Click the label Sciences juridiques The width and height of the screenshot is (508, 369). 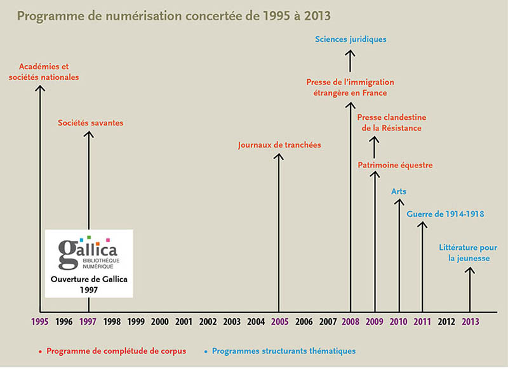click(351, 39)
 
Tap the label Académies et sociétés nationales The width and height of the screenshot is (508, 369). click(49, 72)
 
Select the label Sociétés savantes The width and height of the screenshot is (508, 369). click(90, 122)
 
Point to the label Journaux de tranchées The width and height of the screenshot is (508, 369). click(279, 145)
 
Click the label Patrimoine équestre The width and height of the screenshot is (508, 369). click(395, 165)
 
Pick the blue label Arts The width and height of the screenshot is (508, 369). click(399, 191)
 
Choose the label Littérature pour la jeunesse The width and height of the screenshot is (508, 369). click(469, 253)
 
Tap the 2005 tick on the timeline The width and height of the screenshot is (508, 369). click(279, 321)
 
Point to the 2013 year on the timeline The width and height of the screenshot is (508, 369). click(470, 321)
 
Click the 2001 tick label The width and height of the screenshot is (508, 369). click(184, 321)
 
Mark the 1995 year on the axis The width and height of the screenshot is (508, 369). click(39, 321)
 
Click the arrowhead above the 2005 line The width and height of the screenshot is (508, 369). click(279, 156)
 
